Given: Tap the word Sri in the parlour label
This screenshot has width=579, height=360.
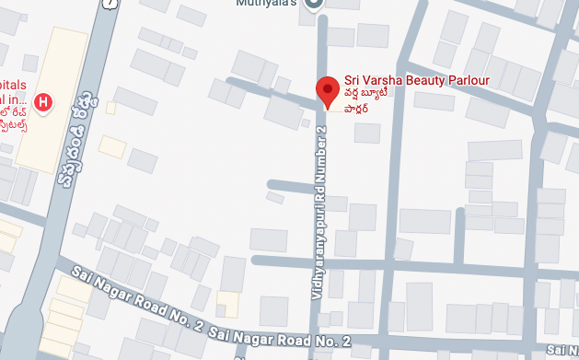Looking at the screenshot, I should click(x=353, y=80).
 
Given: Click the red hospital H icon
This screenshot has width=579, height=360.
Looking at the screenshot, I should click(x=41, y=99).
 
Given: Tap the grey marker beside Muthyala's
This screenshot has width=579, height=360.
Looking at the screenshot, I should click(x=313, y=5).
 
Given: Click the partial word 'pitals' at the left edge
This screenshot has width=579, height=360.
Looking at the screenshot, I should click(x=11, y=82).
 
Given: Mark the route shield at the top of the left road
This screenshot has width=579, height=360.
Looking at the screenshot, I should click(x=110, y=4).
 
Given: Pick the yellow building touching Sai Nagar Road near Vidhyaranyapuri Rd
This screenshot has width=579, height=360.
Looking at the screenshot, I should click(x=226, y=305).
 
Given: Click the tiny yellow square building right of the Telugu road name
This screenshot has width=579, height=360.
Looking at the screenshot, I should click(x=110, y=108).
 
